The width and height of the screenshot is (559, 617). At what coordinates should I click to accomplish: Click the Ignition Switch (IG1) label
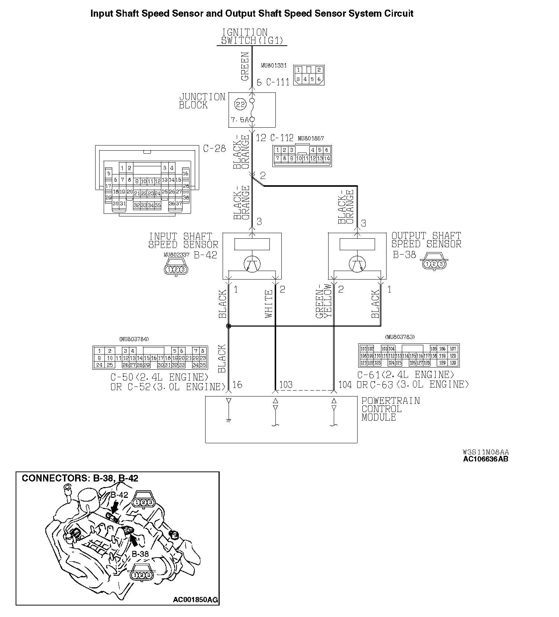coord(252,36)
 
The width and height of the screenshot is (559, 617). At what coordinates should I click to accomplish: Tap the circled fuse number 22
coord(240,105)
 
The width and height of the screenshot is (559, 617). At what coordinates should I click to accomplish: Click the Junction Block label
coord(202,101)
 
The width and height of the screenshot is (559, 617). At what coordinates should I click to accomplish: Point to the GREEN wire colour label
coord(245,67)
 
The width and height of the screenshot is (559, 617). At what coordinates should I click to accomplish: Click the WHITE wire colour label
coord(269,304)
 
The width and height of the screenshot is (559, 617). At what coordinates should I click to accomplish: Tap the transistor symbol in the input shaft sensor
coord(252,264)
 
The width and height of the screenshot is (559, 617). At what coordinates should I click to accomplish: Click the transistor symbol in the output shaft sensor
coord(357,264)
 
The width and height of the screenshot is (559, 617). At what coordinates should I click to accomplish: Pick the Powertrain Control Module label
coord(390,409)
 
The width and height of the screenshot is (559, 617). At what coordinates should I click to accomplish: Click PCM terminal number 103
coord(286,385)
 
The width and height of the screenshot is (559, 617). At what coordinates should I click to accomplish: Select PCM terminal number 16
coord(237,385)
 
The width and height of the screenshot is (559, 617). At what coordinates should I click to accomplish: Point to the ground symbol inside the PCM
coord(229,420)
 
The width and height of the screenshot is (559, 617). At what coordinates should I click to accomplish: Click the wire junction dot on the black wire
coord(229,326)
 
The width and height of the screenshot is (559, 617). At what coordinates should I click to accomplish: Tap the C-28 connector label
coord(214,148)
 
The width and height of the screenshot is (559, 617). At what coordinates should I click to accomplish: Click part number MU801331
coord(274,65)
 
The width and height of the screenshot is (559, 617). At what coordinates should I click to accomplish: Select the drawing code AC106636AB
coord(485,459)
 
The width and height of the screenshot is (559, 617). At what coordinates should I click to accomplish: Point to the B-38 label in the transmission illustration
coord(140,554)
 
